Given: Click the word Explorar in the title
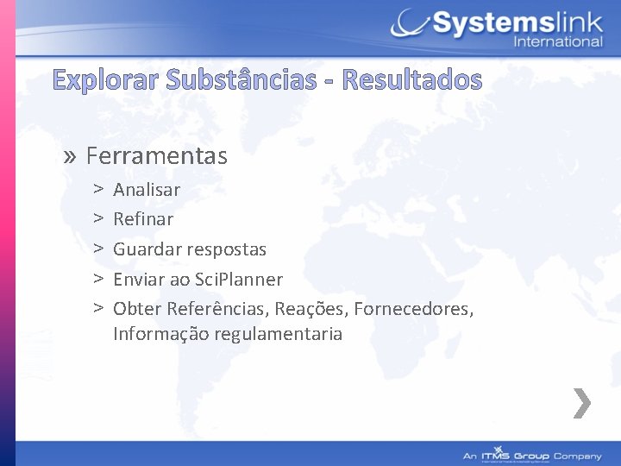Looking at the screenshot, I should (x=105, y=80).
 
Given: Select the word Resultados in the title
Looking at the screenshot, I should (x=412, y=80).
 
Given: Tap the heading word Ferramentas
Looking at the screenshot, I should (x=156, y=156).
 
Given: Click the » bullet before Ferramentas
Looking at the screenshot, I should (x=71, y=156).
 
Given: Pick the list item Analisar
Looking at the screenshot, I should (x=147, y=189).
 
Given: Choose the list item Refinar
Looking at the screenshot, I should (x=143, y=219).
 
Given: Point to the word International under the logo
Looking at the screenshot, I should (x=558, y=41).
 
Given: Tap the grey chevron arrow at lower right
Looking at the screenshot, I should (x=583, y=403).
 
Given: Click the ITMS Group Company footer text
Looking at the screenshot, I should (x=532, y=456).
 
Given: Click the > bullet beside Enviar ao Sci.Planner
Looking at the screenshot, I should (x=99, y=280).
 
